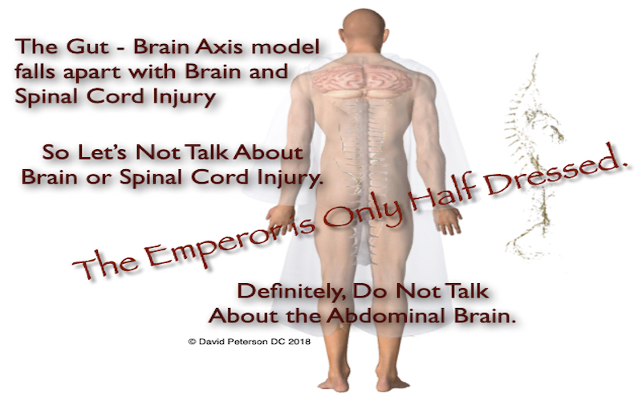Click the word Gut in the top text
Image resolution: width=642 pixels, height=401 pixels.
pyautogui.click(x=88, y=47)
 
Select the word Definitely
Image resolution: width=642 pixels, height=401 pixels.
pyautogui.click(x=292, y=292)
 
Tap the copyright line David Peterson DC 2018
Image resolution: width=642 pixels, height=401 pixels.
pyautogui.click(x=250, y=342)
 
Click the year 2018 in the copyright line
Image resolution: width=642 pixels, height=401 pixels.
pyautogui.click(x=299, y=342)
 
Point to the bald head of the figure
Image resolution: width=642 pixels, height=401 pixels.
pyautogui.click(x=364, y=26)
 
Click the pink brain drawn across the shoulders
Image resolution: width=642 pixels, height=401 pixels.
pyautogui.click(x=363, y=79)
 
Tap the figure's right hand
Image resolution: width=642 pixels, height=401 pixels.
pyautogui.click(x=449, y=220)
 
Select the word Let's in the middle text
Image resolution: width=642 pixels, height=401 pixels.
pyautogui.click(x=104, y=152)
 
